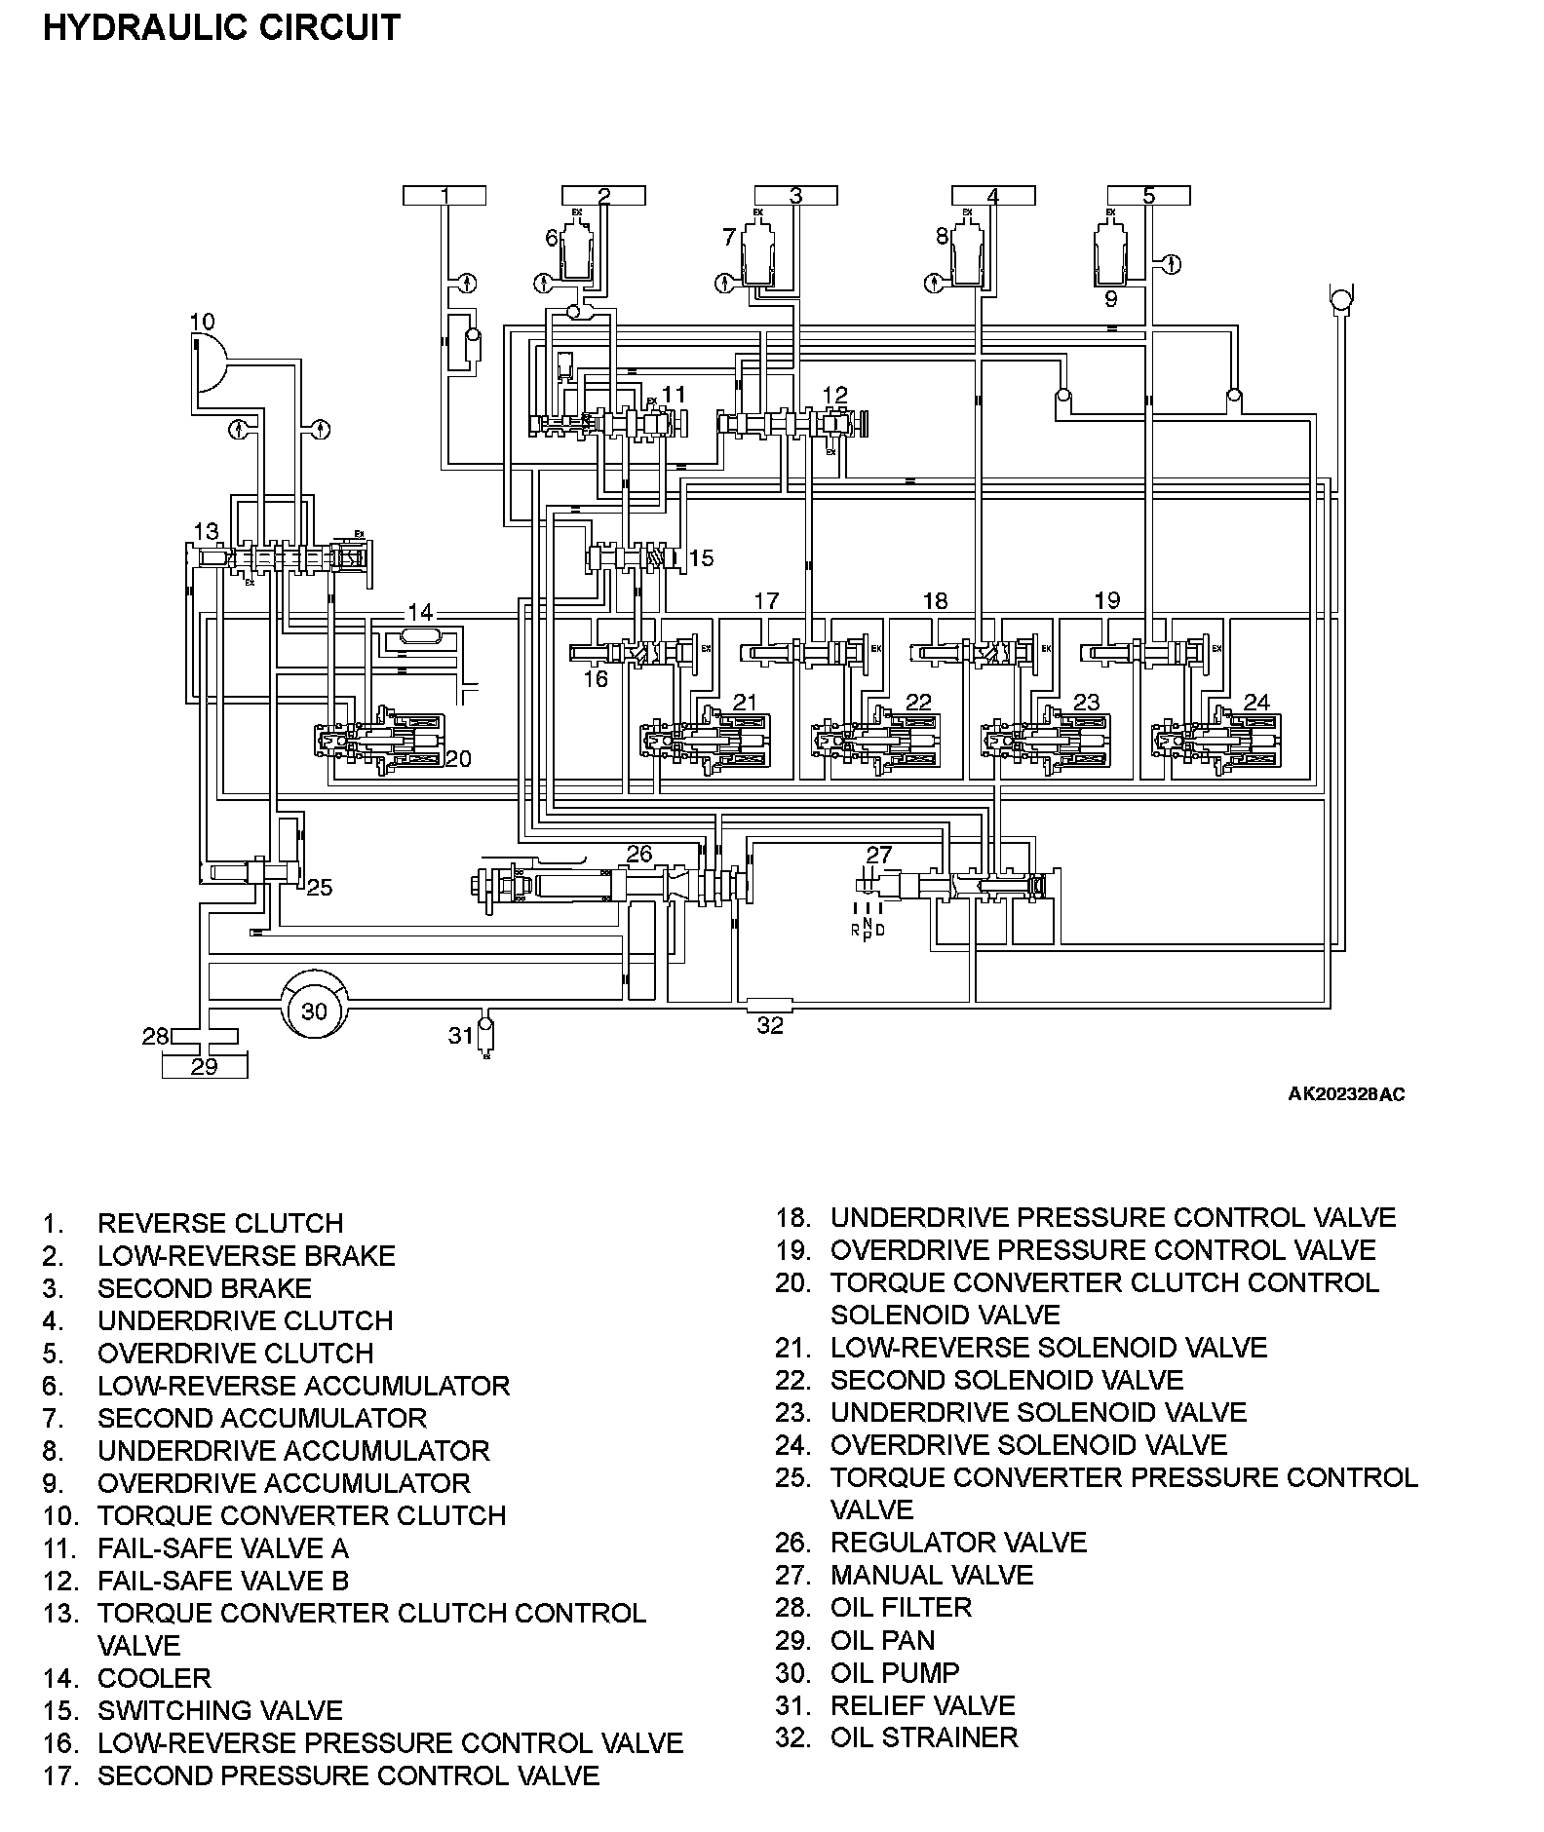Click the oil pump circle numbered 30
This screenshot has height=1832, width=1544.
click(314, 1010)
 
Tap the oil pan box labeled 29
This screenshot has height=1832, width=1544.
click(204, 1066)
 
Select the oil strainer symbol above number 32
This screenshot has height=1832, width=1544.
click(769, 1004)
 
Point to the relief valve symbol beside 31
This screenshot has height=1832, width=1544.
click(486, 1035)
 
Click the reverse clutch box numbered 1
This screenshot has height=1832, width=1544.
click(444, 196)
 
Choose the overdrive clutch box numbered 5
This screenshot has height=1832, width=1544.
click(1148, 196)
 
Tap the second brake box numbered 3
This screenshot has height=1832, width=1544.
click(795, 196)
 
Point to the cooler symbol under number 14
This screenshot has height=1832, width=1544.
click(420, 637)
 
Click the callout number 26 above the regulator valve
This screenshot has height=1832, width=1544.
click(638, 854)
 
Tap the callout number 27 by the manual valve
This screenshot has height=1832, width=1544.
click(878, 854)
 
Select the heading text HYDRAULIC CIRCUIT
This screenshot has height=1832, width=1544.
click(221, 27)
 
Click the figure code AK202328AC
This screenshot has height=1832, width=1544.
click(1346, 1093)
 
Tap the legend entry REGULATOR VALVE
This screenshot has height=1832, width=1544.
click(957, 1542)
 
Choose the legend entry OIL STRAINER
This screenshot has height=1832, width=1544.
click(923, 1737)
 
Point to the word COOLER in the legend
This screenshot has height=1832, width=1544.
click(154, 1677)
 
